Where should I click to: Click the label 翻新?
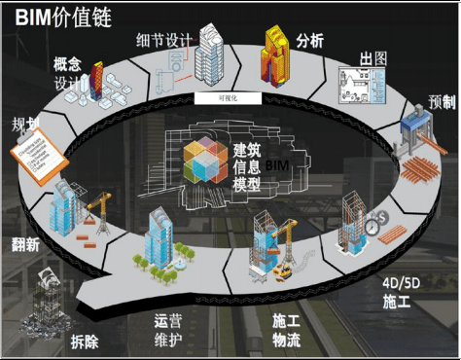[24, 244]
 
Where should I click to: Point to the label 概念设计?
[71, 73]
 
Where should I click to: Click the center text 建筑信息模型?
[244, 165]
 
